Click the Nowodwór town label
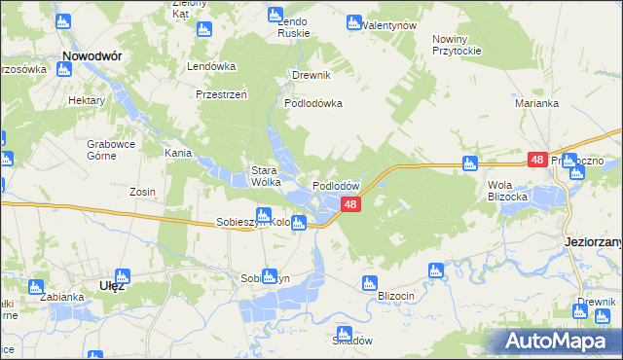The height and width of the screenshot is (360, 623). tap(92, 57)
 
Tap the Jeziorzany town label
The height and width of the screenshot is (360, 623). tap(592, 240)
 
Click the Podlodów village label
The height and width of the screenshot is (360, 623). tap(337, 186)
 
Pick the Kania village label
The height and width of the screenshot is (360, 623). tap(176, 153)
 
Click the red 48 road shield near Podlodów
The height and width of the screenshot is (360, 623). tap(352, 204)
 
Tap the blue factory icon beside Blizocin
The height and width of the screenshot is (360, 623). tap(368, 283)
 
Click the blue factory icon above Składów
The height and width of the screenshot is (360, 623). tap(343, 332)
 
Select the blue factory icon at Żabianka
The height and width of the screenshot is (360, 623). tap(37, 287)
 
